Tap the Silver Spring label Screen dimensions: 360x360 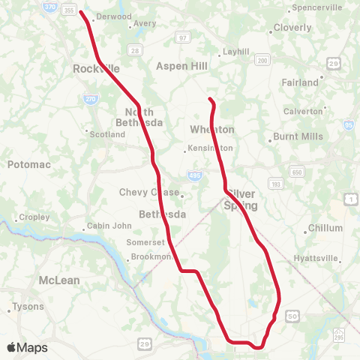click(x=241, y=199)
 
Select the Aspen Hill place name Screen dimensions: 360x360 click(x=181, y=66)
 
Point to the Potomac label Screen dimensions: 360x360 click(x=27, y=163)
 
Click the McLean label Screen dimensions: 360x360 click(x=58, y=280)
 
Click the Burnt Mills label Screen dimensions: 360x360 click(x=298, y=136)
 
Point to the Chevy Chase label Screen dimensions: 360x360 click(x=149, y=192)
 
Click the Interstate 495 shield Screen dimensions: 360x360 click(x=194, y=175)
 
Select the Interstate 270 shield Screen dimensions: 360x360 click(x=89, y=98)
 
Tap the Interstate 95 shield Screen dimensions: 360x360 click(x=349, y=124)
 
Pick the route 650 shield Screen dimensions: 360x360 click(x=298, y=171)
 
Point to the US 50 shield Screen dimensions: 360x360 click(x=292, y=318)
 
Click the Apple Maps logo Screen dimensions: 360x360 click(x=27, y=347)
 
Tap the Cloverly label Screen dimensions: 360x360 click(x=292, y=28)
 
